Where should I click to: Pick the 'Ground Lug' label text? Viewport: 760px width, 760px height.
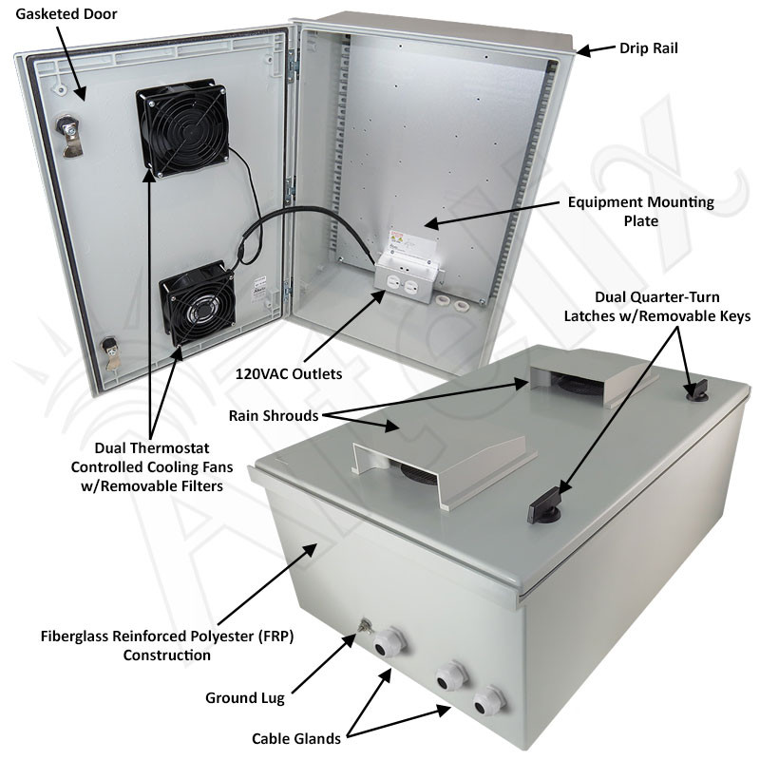tap(245, 698)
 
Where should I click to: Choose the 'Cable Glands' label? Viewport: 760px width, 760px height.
tap(296, 738)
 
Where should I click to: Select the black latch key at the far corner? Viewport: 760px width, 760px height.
tap(698, 387)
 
